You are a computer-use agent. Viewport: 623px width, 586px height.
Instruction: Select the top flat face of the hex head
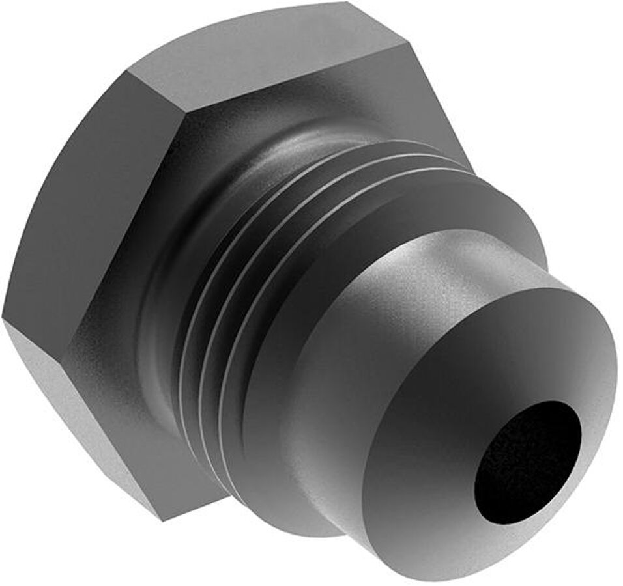[x=274, y=52]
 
